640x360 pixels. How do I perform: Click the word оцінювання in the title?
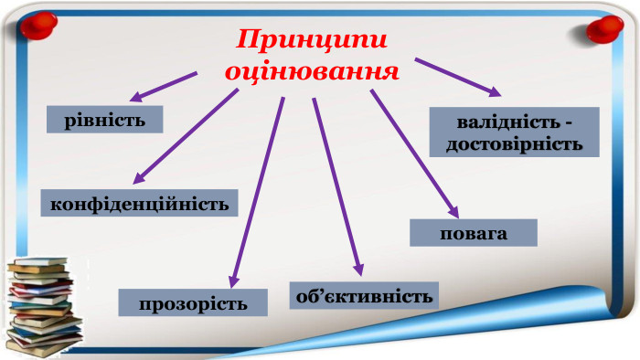313,70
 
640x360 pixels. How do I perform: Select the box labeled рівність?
106,120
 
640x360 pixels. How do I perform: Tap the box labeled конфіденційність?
139,202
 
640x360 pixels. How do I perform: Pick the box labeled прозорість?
193,302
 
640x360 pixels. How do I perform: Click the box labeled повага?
473,233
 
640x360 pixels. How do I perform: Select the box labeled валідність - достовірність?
514,132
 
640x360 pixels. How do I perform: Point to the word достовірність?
514,143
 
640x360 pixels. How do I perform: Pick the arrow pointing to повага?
411,151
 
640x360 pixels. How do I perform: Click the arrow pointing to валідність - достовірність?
457,76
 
